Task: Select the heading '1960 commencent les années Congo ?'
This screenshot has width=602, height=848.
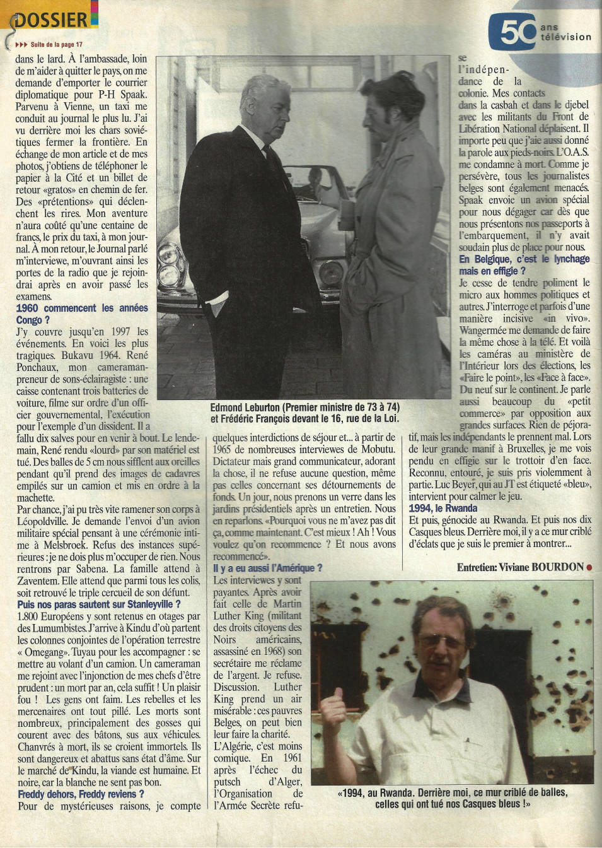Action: click(x=82, y=314)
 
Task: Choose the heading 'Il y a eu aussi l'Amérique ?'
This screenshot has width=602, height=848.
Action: click(x=268, y=568)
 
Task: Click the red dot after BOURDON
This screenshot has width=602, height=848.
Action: click(x=589, y=567)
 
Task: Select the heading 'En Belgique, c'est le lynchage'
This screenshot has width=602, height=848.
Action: click(x=524, y=259)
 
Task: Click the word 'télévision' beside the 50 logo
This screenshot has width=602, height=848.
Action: click(x=565, y=37)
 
